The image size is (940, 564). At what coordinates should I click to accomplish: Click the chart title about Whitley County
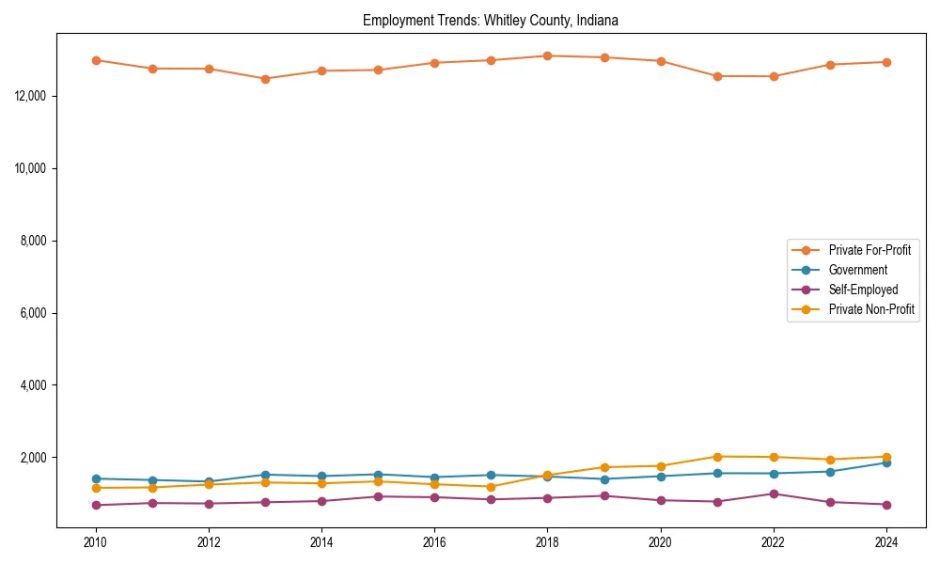pos(490,20)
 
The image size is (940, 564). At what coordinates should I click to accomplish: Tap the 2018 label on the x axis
pos(547,542)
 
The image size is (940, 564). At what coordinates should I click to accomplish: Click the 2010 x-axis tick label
pos(95,542)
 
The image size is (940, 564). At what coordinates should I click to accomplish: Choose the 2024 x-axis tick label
pos(886,542)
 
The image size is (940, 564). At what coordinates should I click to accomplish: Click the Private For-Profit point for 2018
pos(547,55)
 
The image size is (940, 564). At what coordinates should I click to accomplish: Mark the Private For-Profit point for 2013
pos(265,79)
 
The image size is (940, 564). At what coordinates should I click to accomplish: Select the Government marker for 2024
pos(886,462)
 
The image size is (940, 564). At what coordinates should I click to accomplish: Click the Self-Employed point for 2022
pos(774,493)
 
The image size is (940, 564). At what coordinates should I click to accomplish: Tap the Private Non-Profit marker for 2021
pos(717,457)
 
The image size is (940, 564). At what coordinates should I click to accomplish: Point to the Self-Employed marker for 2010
pos(95,505)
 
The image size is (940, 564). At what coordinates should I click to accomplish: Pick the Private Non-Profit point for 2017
pos(491,487)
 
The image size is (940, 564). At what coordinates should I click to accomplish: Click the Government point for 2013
pos(265,475)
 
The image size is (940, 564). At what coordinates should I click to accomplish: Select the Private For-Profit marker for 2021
pos(717,76)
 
